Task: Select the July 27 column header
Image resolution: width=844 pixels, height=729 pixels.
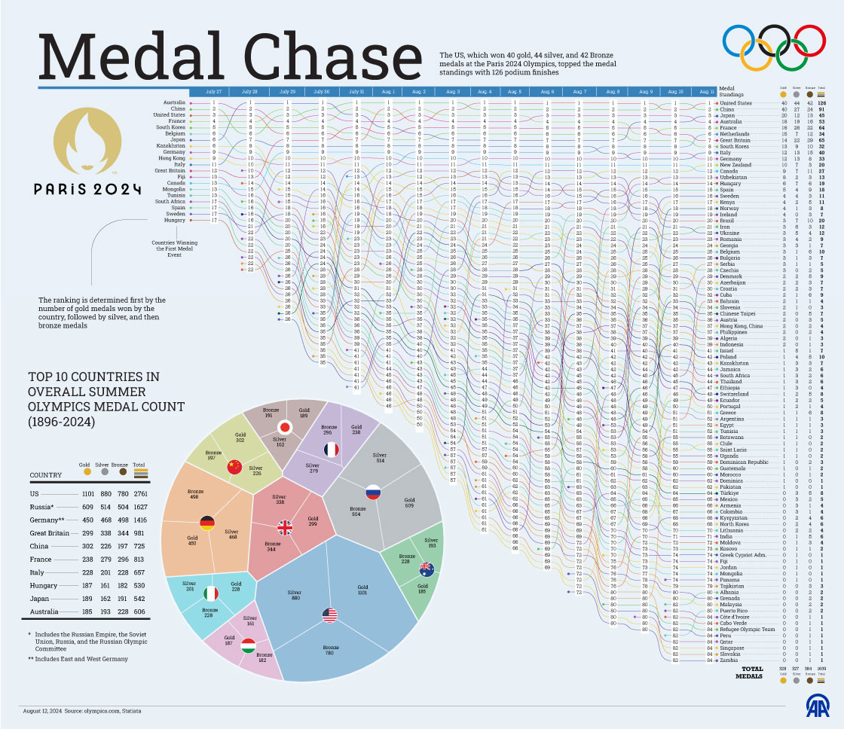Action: pos(213,91)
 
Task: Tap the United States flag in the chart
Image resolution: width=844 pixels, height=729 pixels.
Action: pos(329,615)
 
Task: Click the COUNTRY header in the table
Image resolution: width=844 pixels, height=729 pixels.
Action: pos(46,475)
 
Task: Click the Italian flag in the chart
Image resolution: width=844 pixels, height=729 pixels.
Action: pos(211,593)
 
